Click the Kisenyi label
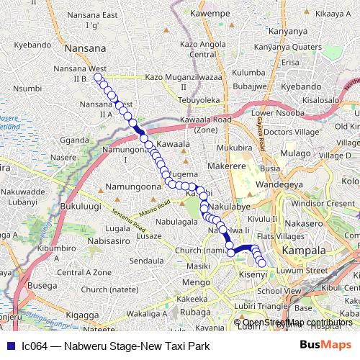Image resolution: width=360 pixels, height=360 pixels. (x=253, y=275)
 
